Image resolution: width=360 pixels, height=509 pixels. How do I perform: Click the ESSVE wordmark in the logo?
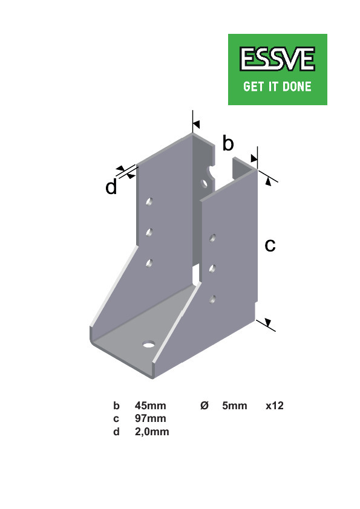[x=277, y=60]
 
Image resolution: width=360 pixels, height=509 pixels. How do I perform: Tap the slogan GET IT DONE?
[x=277, y=86]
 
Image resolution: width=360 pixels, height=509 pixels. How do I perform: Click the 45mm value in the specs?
[x=150, y=406]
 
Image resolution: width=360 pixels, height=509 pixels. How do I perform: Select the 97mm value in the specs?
[x=150, y=418]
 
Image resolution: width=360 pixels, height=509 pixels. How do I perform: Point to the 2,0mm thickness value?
[x=152, y=432]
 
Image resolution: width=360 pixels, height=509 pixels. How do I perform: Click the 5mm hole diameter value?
[x=235, y=406]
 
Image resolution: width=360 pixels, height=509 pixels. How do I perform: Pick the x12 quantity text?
[x=275, y=406]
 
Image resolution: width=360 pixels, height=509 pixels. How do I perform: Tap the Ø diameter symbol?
[x=205, y=406]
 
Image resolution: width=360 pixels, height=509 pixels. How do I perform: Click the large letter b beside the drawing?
[x=228, y=144]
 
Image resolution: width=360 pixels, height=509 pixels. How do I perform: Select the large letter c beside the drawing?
[x=270, y=245]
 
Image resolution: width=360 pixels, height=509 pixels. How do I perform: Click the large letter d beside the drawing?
[x=111, y=188]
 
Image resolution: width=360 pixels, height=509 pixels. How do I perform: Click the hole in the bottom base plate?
[x=148, y=345]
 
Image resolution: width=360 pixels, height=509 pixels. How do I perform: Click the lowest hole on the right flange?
[x=212, y=299]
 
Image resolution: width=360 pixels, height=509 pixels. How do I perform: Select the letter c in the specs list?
[x=116, y=418]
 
